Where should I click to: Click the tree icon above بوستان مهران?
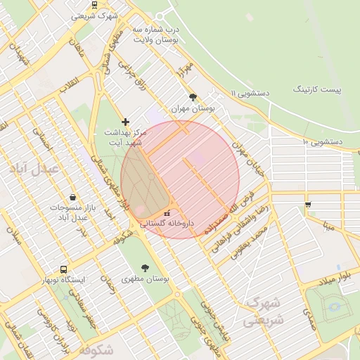193,97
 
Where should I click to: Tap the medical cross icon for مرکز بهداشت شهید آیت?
126,122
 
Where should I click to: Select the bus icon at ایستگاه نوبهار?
64,269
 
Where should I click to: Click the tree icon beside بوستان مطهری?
145,268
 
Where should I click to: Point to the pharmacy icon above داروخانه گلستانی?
166,212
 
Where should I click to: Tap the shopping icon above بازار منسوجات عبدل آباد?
73,198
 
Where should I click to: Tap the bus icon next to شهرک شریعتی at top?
95,4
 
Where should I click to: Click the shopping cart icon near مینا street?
308,205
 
